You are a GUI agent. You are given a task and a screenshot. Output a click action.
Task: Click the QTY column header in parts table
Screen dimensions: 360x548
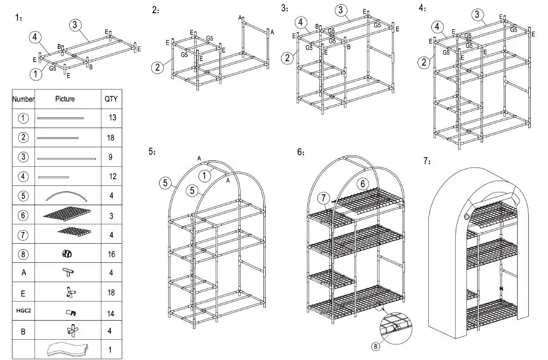tap(111, 99)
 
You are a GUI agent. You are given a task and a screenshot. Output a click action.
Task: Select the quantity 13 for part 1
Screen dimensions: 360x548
tap(113, 118)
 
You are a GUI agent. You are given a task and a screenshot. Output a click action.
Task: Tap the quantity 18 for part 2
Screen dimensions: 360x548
tap(113, 138)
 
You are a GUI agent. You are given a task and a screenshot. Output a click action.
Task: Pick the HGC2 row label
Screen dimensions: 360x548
tap(23, 311)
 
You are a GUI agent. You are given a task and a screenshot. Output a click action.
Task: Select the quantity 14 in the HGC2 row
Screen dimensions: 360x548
tap(113, 311)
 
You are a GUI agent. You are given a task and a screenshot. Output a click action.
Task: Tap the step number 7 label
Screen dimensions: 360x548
tap(427, 161)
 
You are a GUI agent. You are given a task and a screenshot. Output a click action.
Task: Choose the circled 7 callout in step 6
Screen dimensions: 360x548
tap(323, 197)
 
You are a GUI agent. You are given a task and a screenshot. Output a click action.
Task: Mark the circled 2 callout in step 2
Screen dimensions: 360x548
tap(157, 67)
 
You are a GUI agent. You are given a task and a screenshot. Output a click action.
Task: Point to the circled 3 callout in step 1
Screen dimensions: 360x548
tap(74, 24)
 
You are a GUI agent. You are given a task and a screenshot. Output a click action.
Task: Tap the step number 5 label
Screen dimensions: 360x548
tap(152, 151)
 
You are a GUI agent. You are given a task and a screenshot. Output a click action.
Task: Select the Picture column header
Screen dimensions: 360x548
tap(65, 99)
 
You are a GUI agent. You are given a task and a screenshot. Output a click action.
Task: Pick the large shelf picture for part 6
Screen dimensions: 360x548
tap(66, 214)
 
